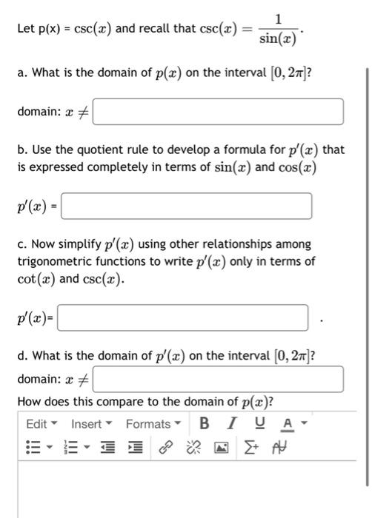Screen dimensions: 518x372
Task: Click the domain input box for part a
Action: [218, 112]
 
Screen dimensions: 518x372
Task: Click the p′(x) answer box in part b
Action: [186, 206]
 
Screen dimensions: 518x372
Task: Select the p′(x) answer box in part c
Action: [182, 319]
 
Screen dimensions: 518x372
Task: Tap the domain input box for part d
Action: [218, 379]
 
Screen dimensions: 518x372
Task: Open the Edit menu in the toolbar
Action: [41, 424]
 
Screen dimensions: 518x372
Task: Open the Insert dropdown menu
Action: [92, 424]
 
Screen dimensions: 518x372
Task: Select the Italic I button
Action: [233, 424]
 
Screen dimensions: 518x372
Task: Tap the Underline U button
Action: [259, 424]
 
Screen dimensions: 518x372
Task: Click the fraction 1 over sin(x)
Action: [278, 29]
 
